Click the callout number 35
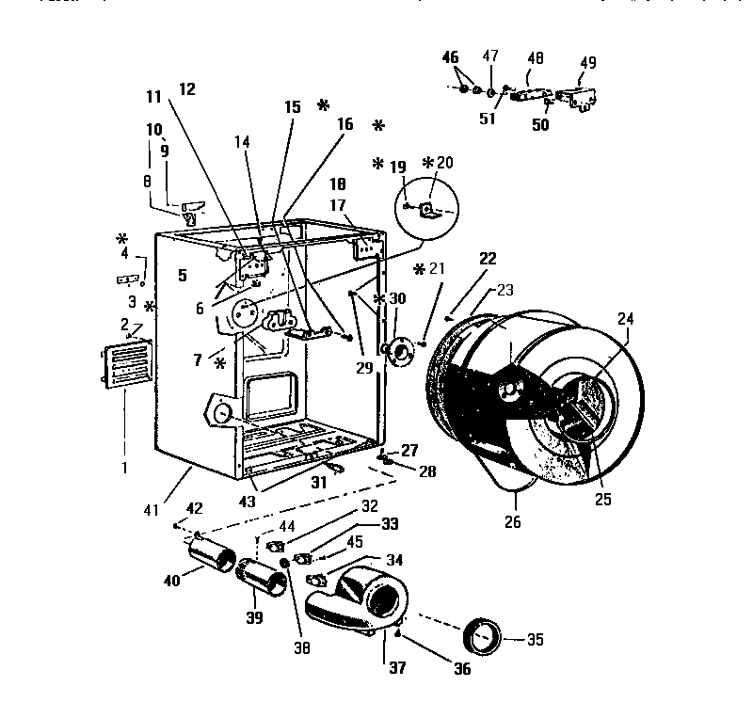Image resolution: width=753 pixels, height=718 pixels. (535, 641)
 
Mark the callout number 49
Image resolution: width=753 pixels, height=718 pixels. (587, 63)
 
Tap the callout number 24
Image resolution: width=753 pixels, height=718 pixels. (625, 319)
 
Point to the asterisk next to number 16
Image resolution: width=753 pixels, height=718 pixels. (378, 125)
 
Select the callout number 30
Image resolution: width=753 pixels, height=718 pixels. (397, 298)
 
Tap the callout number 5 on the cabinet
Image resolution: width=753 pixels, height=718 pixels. (181, 275)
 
